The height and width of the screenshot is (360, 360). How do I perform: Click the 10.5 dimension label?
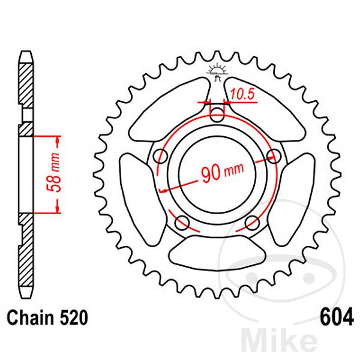point(242,94)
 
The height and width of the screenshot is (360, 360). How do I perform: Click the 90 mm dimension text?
point(222,172)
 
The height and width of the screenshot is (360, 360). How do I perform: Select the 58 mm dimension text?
point(53,172)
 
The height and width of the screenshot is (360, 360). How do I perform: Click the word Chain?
point(30,318)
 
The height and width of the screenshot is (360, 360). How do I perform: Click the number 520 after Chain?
point(74,318)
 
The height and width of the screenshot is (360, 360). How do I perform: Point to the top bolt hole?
point(217,114)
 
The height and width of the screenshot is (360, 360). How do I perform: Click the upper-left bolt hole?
point(160,156)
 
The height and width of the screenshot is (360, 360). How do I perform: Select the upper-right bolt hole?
point(274,155)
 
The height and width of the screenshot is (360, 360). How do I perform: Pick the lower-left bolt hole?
point(182,223)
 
